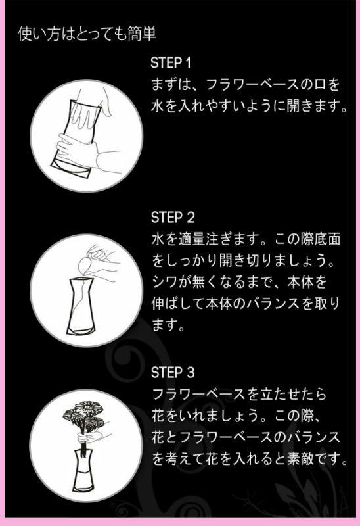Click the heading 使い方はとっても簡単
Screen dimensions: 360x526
point(87,34)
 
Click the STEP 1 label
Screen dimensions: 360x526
point(171,62)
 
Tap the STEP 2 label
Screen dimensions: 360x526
point(173,218)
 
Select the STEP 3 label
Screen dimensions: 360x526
point(173,372)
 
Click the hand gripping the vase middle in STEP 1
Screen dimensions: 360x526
point(84,151)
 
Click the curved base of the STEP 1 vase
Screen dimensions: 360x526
point(70,170)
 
